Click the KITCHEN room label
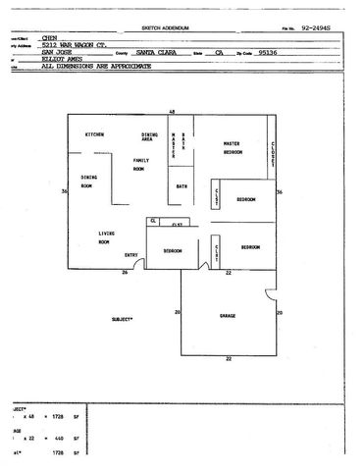pos(95,133)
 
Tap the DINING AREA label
pos(150,137)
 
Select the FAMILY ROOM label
pos(139,164)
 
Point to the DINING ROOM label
pos(87,182)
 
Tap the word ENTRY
pos(130,256)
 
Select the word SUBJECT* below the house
pos(123,319)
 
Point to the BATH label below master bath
pos(182,186)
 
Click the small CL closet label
pos(154,222)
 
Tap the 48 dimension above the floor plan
pos(173,113)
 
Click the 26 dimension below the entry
pos(125,273)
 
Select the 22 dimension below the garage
pos(228,361)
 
